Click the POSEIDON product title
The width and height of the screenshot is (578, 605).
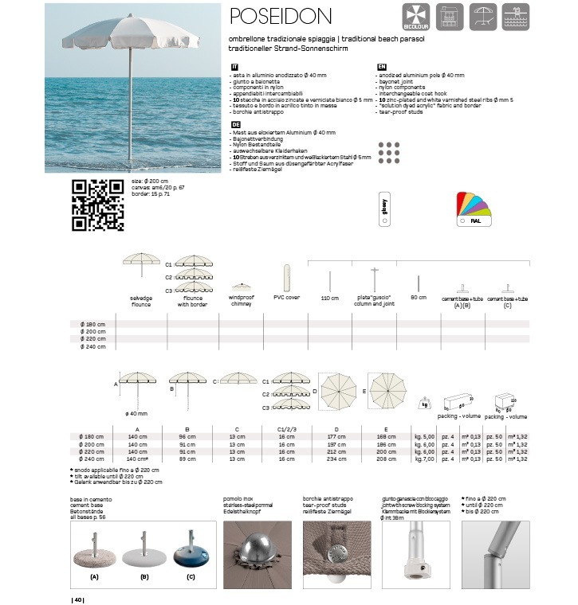280,16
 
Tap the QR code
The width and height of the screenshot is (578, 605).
98,205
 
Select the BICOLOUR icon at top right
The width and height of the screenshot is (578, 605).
417,18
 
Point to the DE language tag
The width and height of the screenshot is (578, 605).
235,125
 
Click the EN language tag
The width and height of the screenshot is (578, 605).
381,68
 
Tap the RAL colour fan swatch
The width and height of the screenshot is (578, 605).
474,209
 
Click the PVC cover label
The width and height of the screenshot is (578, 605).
286,297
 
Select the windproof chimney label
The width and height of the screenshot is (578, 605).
241,300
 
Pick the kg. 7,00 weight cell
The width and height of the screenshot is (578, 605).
424,459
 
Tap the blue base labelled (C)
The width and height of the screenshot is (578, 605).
191,556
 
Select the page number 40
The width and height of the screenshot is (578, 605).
78,599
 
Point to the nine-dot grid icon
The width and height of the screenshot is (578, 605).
388,151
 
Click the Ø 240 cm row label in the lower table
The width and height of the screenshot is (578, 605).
92,459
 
